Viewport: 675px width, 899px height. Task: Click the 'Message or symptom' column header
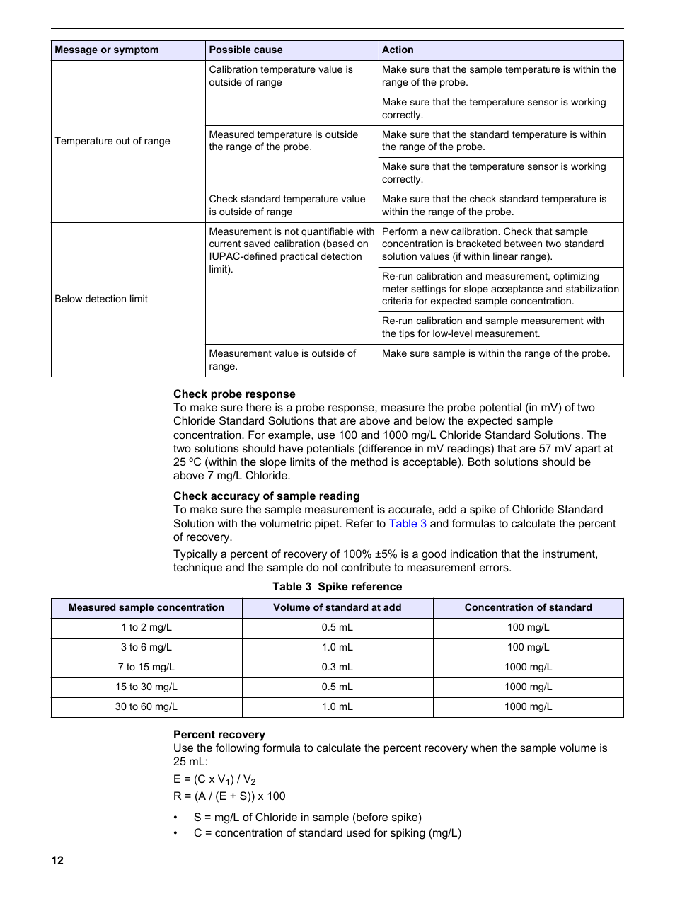click(x=107, y=50)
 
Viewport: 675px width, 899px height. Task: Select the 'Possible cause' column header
click(x=246, y=50)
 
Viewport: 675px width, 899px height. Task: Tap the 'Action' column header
click(x=398, y=50)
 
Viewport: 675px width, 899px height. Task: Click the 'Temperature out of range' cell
click(x=112, y=141)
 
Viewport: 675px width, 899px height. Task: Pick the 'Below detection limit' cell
click(x=101, y=299)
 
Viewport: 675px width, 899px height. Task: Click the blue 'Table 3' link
click(x=408, y=524)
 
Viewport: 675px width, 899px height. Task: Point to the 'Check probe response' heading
click(x=234, y=394)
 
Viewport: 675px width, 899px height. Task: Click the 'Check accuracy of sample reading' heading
click(x=266, y=496)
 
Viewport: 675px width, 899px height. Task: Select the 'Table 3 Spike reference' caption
click(x=337, y=587)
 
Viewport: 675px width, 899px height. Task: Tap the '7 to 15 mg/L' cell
click(x=146, y=667)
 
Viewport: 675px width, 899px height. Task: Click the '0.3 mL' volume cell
click(x=337, y=667)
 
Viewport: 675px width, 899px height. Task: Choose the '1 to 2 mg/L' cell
click(x=146, y=627)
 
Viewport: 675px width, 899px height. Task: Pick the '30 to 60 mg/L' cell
click(x=146, y=706)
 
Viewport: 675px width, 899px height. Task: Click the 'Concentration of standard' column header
click(x=528, y=607)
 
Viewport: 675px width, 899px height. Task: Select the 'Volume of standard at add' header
click(x=337, y=607)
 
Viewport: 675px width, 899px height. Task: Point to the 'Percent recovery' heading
click(x=219, y=735)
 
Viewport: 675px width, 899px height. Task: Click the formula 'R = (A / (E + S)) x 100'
click(x=229, y=796)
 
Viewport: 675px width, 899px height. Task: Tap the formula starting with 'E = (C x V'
click(x=214, y=779)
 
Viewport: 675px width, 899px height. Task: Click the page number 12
click(x=57, y=861)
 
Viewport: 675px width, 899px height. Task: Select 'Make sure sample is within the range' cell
click(x=495, y=354)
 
